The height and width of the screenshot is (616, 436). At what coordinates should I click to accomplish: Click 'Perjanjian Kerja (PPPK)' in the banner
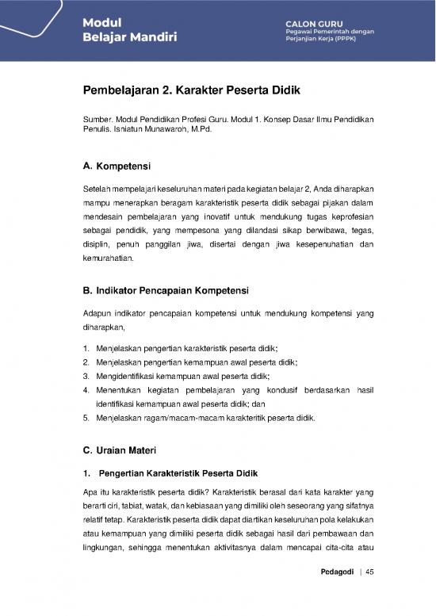click(319, 40)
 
